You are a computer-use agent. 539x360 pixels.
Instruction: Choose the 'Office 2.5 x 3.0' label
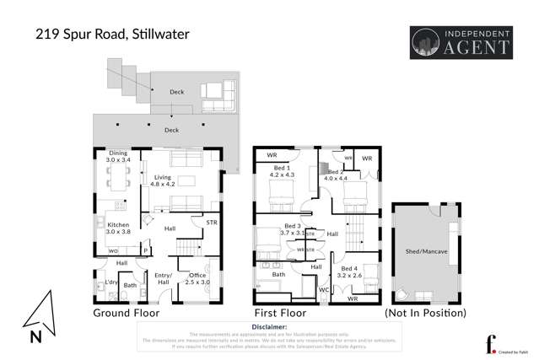coord(198,279)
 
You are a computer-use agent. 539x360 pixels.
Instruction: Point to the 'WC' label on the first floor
coord(324,291)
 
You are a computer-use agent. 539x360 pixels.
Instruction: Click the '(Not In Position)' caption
coord(425,313)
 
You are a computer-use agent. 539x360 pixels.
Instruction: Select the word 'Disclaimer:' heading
coord(269,325)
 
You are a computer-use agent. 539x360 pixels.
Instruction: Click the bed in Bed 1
coord(279,201)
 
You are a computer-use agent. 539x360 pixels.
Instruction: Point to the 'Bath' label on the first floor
coord(278,274)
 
